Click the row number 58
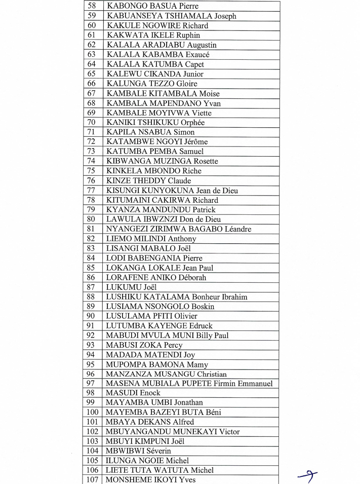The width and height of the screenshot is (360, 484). click(x=92, y=7)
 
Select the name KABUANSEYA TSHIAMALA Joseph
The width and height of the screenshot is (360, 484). click(x=171, y=16)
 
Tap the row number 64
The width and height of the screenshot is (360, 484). click(x=92, y=64)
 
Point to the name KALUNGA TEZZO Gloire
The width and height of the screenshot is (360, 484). click(x=152, y=84)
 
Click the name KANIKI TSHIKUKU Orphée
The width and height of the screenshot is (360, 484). click(x=155, y=123)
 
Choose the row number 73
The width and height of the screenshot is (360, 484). click(x=92, y=152)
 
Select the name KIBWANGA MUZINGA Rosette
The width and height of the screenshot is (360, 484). click(x=162, y=161)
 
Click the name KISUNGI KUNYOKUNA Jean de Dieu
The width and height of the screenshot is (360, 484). click(x=172, y=191)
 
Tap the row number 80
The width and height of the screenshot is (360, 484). click(x=92, y=219)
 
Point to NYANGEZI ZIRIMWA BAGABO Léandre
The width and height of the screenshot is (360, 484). click(x=178, y=229)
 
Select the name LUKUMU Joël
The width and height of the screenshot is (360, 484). click(x=132, y=287)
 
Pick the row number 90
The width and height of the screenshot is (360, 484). click(x=92, y=316)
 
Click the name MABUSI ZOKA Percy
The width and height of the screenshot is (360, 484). click(x=144, y=345)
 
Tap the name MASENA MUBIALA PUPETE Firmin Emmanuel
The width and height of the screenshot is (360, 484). click(x=189, y=384)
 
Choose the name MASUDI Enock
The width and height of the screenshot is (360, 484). click(x=133, y=393)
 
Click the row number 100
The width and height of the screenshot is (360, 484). click(x=92, y=413)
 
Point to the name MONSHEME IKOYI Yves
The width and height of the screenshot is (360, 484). click(x=151, y=480)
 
